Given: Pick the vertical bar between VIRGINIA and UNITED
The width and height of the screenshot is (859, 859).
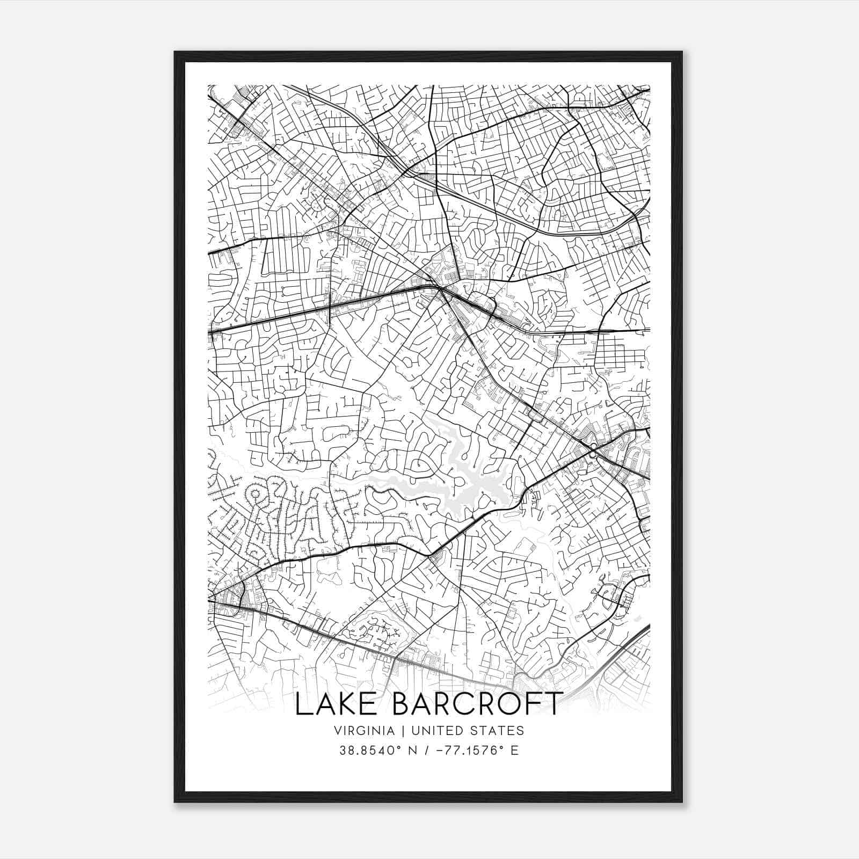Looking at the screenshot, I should (399, 730).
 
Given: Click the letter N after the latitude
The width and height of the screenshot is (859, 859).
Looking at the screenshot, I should (413, 750).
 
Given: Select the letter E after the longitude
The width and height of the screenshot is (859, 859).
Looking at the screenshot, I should (514, 750).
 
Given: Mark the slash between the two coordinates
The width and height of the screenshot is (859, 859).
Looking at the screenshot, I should (427, 750).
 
